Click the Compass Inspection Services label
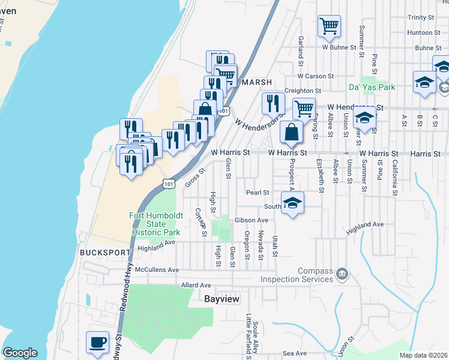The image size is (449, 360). [297, 275]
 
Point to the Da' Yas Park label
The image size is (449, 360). [372, 87]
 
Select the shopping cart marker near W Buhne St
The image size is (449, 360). [329, 26]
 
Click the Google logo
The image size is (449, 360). [20, 353]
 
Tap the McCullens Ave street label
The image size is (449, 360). [157, 270]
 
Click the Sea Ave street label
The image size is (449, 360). [295, 353]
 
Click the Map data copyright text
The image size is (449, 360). [423, 355]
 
